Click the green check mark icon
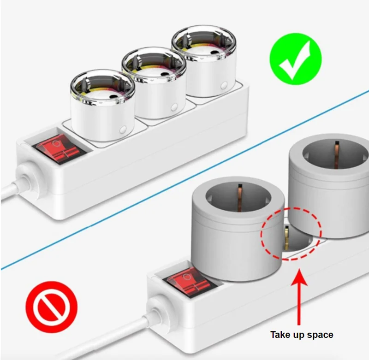[x=295, y=59]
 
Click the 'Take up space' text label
[x=301, y=335]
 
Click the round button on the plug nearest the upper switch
[x=123, y=130]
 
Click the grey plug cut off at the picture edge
[x=330, y=184]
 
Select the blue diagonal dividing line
[x=184, y=180]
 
